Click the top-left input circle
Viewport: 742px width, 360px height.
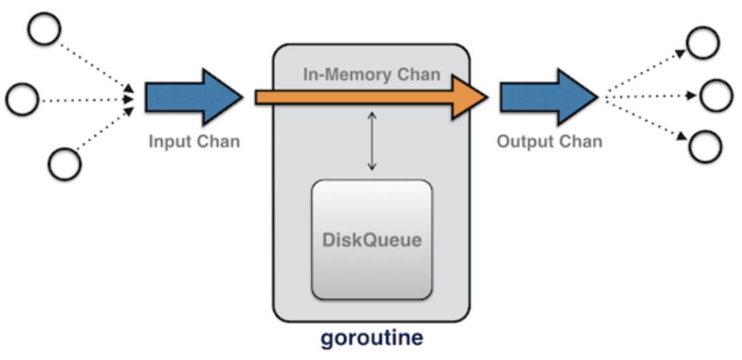[43, 29]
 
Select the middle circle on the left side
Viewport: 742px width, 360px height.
[23, 100]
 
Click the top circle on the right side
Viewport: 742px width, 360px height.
[702, 42]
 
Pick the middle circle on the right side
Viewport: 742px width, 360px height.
[715, 95]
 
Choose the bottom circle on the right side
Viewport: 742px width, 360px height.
[704, 146]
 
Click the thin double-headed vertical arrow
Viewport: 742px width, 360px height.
[372, 141]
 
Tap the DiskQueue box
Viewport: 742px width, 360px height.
[372, 239]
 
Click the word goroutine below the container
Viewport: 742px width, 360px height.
[372, 337]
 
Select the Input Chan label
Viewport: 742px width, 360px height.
[194, 142]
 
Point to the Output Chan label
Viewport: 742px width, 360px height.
[549, 142]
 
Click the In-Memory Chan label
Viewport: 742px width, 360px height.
[372, 74]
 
